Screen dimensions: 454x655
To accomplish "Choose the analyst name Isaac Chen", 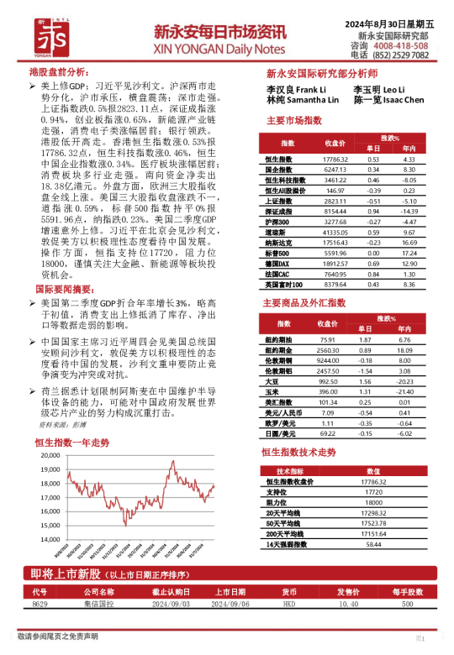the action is click(x=400, y=99).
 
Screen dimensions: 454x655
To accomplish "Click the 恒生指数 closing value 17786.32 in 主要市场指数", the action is click(x=335, y=160).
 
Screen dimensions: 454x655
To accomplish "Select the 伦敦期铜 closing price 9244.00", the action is click(x=328, y=360).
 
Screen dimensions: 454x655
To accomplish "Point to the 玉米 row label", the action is click(x=272, y=391).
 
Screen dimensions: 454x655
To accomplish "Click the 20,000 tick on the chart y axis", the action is click(x=47, y=454).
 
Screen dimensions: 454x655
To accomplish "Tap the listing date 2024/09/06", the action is click(x=229, y=604).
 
